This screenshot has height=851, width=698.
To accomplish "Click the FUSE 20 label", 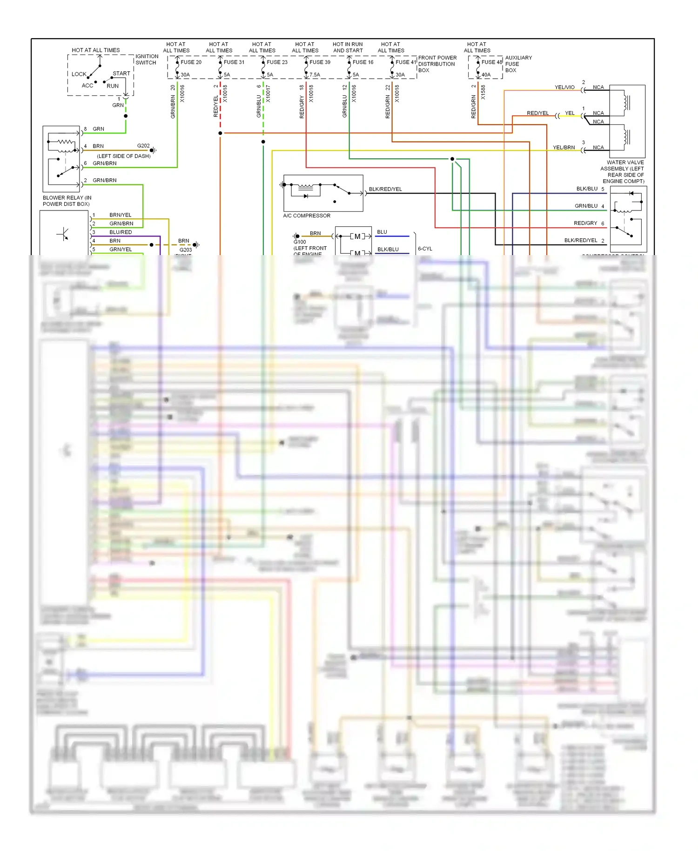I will pyautogui.click(x=191, y=62).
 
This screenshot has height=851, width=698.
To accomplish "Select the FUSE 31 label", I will pyautogui.click(x=234, y=62).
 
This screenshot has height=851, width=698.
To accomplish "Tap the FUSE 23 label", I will pyautogui.click(x=277, y=62).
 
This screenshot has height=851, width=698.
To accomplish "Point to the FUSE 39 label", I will pyautogui.click(x=320, y=62).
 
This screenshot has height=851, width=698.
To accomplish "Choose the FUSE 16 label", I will pyautogui.click(x=362, y=62).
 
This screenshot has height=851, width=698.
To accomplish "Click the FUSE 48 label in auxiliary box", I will pyautogui.click(x=491, y=62).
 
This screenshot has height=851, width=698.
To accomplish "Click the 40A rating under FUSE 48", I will pyautogui.click(x=486, y=74).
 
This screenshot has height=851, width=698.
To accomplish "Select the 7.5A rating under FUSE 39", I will pyautogui.click(x=315, y=74).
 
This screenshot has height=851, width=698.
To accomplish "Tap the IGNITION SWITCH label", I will pyautogui.click(x=147, y=59).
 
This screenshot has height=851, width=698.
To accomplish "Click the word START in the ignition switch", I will pyautogui.click(x=121, y=74).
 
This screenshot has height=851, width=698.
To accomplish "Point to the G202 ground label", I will pyautogui.click(x=143, y=146).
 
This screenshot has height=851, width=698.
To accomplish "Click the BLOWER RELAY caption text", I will pyautogui.click(x=67, y=201).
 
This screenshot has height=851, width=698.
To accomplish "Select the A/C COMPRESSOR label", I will pyautogui.click(x=307, y=216).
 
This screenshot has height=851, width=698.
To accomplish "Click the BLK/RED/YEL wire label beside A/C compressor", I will pyautogui.click(x=385, y=189).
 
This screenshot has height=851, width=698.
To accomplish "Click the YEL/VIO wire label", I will pyautogui.click(x=564, y=87).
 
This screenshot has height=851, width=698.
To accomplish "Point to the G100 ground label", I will pyautogui.click(x=300, y=242).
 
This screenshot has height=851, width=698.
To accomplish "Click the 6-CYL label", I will pyautogui.click(x=425, y=249).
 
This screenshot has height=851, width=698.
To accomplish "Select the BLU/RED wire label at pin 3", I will pyautogui.click(x=121, y=232).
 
